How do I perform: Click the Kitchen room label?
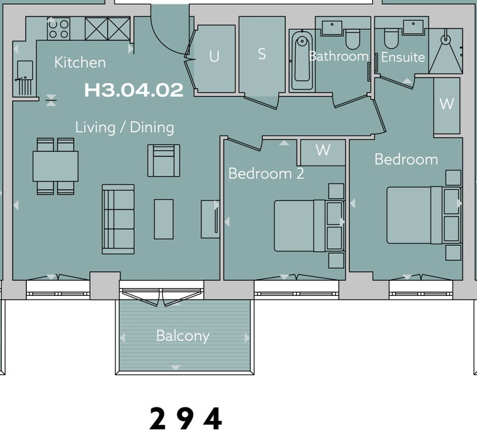point(80,63)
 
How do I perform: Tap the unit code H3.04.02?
point(134,90)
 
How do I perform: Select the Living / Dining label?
point(125,127)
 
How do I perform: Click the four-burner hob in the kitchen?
point(58,29)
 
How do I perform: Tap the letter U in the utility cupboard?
point(214,56)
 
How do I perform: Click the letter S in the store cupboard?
point(262,54)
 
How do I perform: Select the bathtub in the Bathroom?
point(302,60)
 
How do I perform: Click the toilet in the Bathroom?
point(353,39)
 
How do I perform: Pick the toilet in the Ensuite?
point(391,38)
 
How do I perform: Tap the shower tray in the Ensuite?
point(445,51)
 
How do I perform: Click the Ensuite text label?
point(403,57)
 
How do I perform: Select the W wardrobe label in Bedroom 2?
point(323,150)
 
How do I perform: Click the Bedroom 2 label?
point(266,174)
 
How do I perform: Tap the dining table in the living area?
point(55,166)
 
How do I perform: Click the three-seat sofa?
point(118,219)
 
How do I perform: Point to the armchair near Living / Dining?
point(163,160)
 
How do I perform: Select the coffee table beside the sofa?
point(163,219)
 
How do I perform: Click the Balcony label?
point(183,336)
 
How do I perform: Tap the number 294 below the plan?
point(185,419)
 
